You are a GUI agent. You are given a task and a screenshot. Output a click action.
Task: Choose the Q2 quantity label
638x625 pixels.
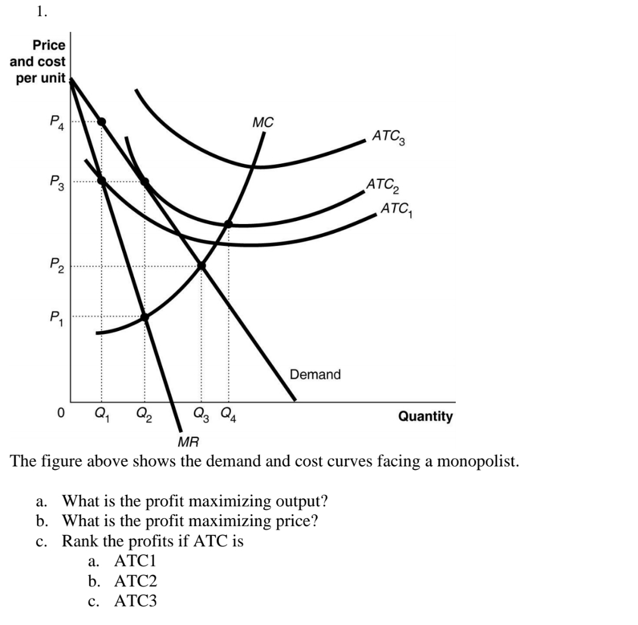(x=144, y=416)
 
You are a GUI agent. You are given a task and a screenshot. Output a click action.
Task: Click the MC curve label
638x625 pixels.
(x=263, y=122)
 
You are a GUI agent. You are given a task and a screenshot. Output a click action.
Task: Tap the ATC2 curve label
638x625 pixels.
(x=386, y=186)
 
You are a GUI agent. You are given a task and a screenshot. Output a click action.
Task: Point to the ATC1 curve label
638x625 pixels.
(x=399, y=209)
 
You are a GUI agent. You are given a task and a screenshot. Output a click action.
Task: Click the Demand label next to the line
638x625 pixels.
(x=315, y=374)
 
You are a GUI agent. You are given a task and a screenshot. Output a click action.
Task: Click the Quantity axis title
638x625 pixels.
(x=425, y=416)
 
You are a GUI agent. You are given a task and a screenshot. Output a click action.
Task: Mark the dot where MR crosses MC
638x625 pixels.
(x=145, y=317)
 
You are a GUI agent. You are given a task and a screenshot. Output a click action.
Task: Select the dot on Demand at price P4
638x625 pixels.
(x=101, y=122)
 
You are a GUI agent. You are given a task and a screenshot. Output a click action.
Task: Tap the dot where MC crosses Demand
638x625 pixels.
(x=201, y=266)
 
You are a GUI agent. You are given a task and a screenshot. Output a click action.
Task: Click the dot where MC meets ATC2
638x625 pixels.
(x=228, y=223)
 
